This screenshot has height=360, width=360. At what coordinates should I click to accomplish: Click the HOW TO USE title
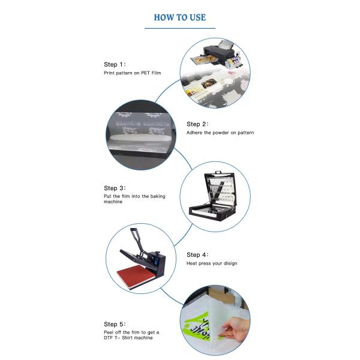180,17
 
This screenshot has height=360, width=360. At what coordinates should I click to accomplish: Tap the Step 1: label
115,65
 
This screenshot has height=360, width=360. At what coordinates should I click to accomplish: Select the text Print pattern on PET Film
132,73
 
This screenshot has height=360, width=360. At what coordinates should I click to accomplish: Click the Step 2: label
197,124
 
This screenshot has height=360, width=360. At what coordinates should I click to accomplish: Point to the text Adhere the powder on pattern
220,133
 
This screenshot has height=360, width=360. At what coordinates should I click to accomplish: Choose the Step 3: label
115,188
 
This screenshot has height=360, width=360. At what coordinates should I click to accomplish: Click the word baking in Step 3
158,196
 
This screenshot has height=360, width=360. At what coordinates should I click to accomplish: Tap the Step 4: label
197,255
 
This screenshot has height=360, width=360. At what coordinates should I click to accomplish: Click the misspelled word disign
230,263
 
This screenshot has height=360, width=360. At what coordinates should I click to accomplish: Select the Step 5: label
115,325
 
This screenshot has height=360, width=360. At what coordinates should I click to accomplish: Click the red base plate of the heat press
136,276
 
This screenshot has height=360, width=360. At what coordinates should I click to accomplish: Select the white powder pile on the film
140,137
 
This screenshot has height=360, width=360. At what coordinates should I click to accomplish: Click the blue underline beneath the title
180,28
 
